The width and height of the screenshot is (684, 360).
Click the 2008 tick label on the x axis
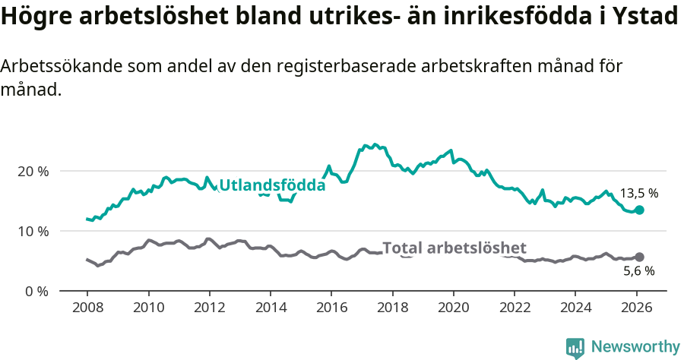(x=87, y=310)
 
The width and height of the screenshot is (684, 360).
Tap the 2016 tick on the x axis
(x=331, y=310)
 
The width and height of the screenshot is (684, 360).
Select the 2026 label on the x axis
(x=636, y=310)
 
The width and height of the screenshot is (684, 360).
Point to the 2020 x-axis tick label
(x=453, y=310)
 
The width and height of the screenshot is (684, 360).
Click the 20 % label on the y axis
(x=33, y=171)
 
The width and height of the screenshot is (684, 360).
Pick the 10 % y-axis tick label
(x=33, y=231)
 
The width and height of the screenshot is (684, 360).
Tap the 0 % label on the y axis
(x=36, y=291)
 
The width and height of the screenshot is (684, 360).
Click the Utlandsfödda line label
(x=272, y=185)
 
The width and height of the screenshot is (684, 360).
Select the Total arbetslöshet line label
(x=454, y=248)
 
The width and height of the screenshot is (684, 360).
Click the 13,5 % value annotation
(x=638, y=193)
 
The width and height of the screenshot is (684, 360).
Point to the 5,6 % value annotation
(x=638, y=270)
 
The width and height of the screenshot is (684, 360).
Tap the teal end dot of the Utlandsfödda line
(x=639, y=210)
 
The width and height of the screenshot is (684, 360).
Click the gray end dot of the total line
(x=639, y=257)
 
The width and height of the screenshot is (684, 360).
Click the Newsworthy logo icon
(x=575, y=348)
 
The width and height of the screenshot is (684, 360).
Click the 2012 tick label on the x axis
(x=209, y=310)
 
